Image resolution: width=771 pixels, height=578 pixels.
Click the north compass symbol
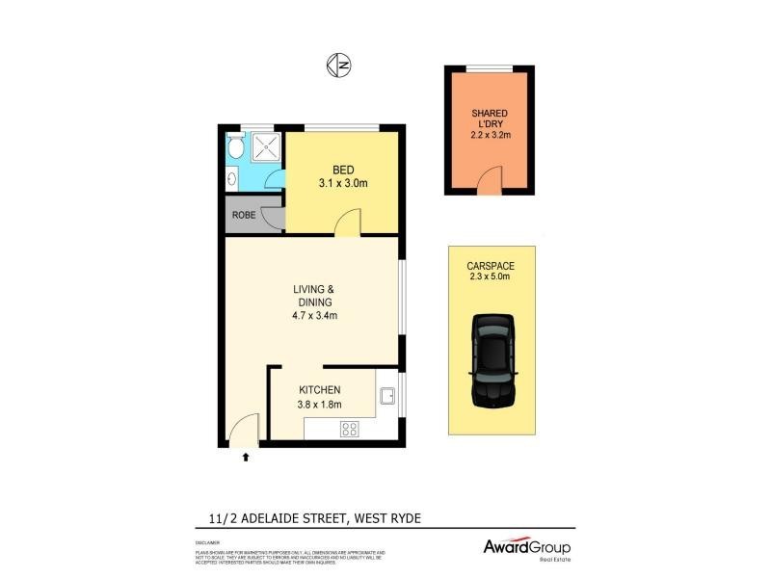[x=338, y=65]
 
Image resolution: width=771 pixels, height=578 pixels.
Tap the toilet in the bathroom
[x=235, y=147]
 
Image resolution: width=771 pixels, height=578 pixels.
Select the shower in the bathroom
[x=266, y=147]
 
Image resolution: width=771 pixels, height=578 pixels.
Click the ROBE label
[x=243, y=215]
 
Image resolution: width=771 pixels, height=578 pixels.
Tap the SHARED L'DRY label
[x=489, y=120]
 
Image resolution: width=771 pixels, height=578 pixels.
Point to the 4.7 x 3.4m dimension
[x=314, y=315]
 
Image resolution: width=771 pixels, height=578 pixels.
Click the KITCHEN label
[x=319, y=389]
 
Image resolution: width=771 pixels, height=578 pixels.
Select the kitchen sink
[x=387, y=395]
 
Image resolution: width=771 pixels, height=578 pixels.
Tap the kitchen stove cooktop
[x=350, y=430]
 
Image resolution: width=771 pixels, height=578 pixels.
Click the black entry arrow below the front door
[x=245, y=457]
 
